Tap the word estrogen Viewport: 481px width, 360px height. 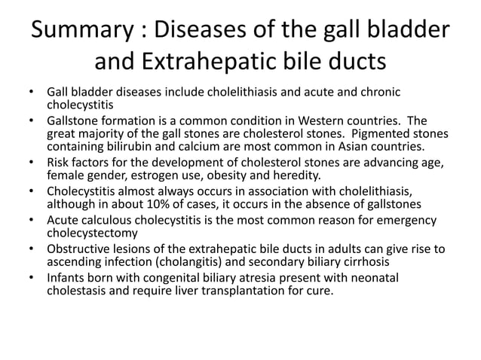168,173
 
